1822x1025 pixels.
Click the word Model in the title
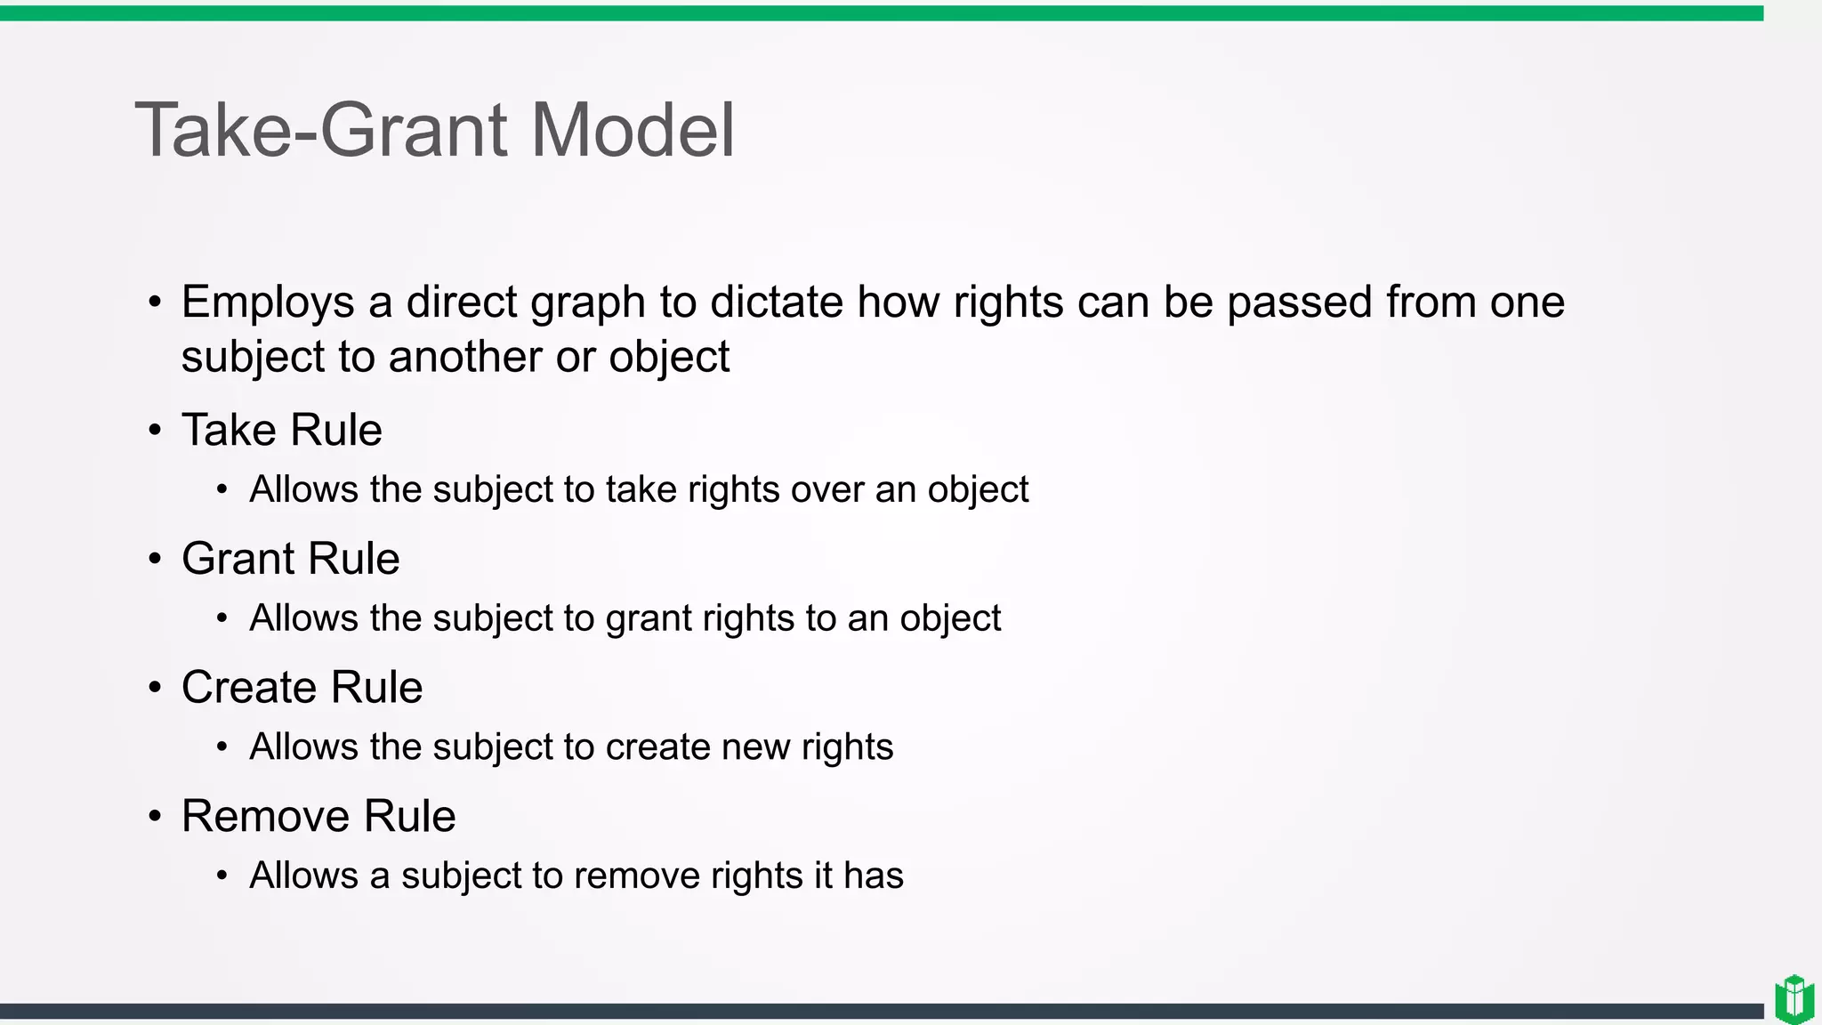[x=633, y=131]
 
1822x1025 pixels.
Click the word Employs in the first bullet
[x=268, y=303]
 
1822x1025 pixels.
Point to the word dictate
[x=777, y=302]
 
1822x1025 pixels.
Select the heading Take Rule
[x=282, y=430]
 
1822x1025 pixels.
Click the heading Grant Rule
[x=291, y=559]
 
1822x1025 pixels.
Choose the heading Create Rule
[x=302, y=688]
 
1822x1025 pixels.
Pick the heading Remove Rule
[x=318, y=816]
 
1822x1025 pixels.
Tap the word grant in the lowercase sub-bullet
[x=647, y=618]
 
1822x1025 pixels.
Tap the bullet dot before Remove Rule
[x=156, y=816]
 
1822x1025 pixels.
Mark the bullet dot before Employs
[x=156, y=303]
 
